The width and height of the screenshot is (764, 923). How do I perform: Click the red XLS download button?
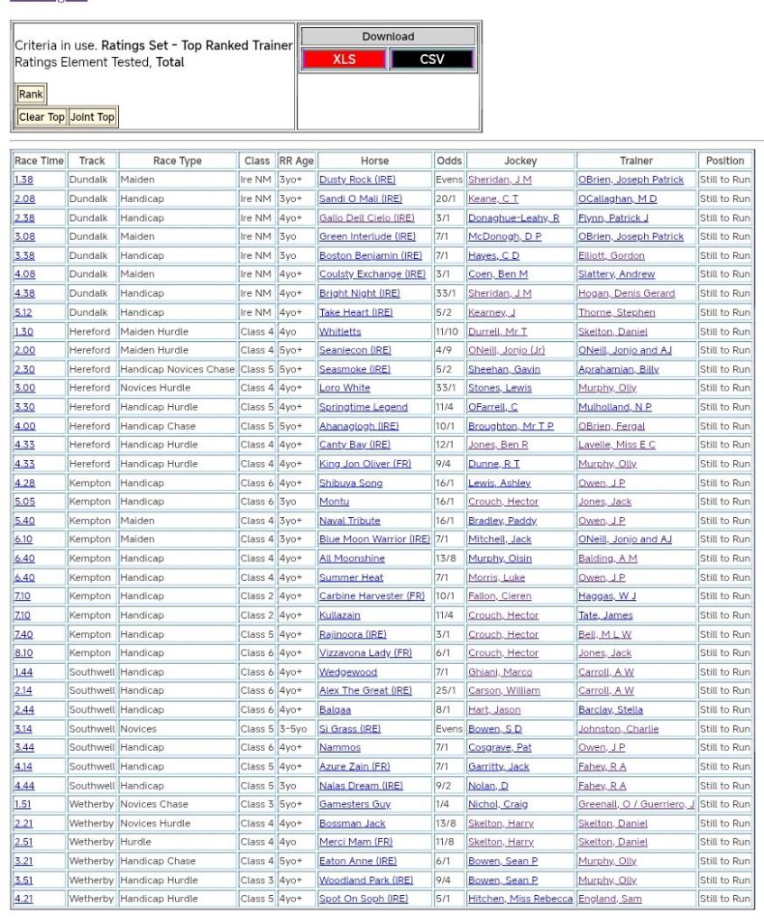click(x=344, y=60)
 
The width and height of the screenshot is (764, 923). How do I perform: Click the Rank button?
click(x=31, y=94)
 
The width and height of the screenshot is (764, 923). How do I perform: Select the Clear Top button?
click(x=42, y=117)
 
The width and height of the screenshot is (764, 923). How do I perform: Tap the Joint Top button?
click(x=93, y=117)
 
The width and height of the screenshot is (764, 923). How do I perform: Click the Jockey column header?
click(x=520, y=161)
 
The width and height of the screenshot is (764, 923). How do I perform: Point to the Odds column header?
click(x=448, y=161)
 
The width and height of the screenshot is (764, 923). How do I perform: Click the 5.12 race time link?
click(x=24, y=312)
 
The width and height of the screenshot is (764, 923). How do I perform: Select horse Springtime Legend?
click(x=364, y=407)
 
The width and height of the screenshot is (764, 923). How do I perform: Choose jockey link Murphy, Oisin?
click(x=500, y=558)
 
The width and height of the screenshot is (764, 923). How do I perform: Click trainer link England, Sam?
click(x=610, y=899)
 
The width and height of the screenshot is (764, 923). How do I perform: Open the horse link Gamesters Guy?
click(x=354, y=804)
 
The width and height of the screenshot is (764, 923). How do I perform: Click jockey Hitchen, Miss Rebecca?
click(x=520, y=899)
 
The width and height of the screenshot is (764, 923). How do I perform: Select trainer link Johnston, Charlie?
click(x=618, y=729)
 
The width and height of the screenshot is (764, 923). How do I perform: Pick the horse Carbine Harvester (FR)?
click(x=372, y=596)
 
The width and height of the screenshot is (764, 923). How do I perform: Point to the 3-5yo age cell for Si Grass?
click(x=294, y=729)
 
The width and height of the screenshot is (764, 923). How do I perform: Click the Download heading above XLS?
click(x=388, y=37)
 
